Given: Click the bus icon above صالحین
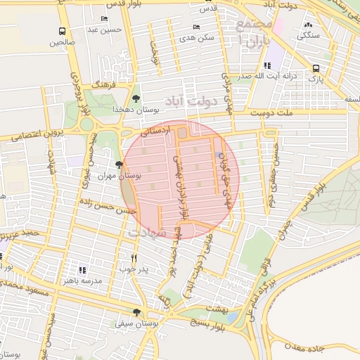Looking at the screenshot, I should coord(63,31).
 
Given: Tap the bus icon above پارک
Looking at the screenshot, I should coord(316,69).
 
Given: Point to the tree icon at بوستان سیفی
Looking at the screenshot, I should coord(136,313).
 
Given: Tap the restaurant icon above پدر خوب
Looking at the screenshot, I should coord(133,258).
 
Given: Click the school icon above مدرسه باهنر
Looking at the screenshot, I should coord(82,269).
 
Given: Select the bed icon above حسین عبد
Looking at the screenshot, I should coord(105,19).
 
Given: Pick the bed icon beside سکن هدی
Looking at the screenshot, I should coord(196,27).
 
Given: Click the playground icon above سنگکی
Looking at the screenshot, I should coord(308,24).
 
